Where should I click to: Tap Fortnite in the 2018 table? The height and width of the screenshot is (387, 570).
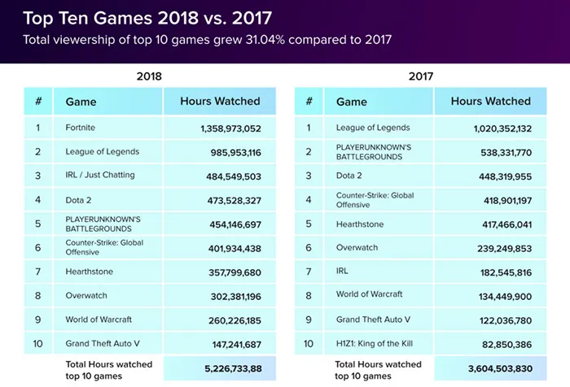(x=81, y=128)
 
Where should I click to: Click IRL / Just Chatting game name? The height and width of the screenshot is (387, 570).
(x=100, y=175)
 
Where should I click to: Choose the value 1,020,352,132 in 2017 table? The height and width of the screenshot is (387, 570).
(x=502, y=128)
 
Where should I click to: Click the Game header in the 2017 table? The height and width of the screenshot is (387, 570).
(x=352, y=102)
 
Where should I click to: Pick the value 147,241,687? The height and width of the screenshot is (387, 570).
(x=235, y=344)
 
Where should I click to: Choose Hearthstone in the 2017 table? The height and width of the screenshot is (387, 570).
(x=360, y=224)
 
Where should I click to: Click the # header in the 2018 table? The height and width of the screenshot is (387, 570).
(x=38, y=102)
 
